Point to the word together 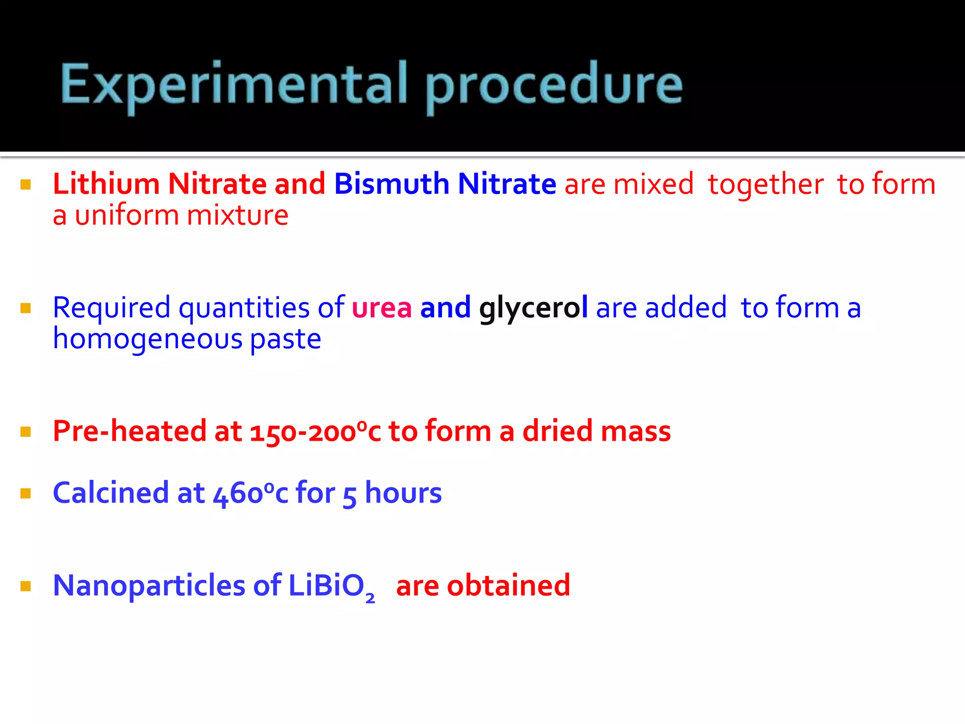tap(766, 184)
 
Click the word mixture tap(237, 215)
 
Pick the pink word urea tap(382, 308)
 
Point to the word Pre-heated tap(130, 431)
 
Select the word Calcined tap(111, 493)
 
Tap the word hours tap(403, 493)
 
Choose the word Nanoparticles tap(149, 586)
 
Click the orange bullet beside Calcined tap(26, 494)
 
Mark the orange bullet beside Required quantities tap(26, 308)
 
